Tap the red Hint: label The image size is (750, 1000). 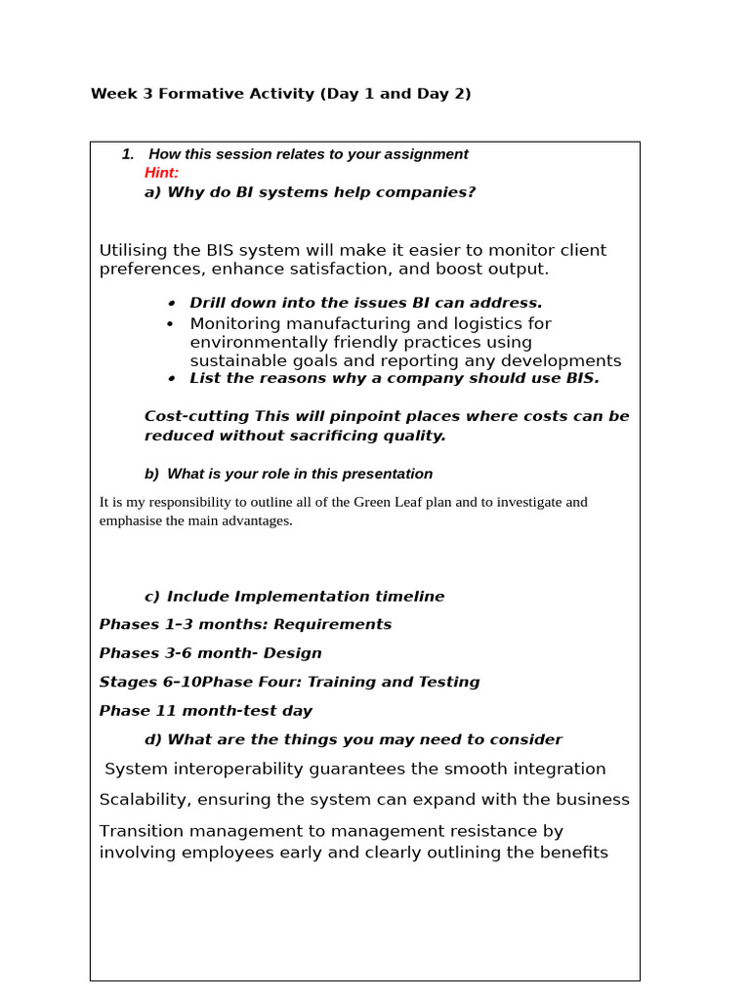point(161,173)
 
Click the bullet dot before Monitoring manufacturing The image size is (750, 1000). point(170,324)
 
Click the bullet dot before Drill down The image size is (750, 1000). point(170,303)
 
